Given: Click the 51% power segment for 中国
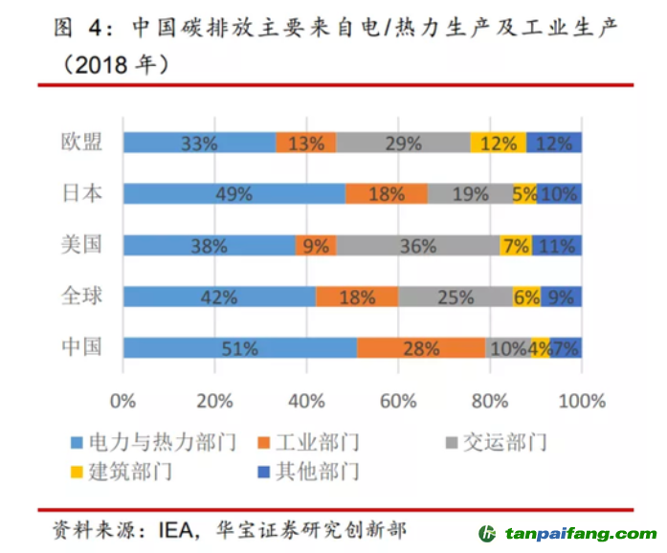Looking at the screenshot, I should click(239, 348).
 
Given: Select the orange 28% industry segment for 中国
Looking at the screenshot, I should click(421, 348).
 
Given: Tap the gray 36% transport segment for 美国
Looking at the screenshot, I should click(417, 246).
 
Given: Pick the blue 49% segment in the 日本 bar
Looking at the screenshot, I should click(233, 194).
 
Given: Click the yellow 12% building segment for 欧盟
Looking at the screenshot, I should click(498, 144).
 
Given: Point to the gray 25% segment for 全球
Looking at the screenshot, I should click(455, 298).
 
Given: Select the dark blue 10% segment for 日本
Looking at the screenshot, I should click(559, 194).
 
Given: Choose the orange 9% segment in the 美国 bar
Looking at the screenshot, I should click(316, 246).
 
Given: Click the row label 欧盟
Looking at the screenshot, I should click(79, 143).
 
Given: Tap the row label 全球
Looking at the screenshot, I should click(79, 297).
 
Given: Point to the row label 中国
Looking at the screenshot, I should click(79, 347).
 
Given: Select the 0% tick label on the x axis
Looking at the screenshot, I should click(123, 399).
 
